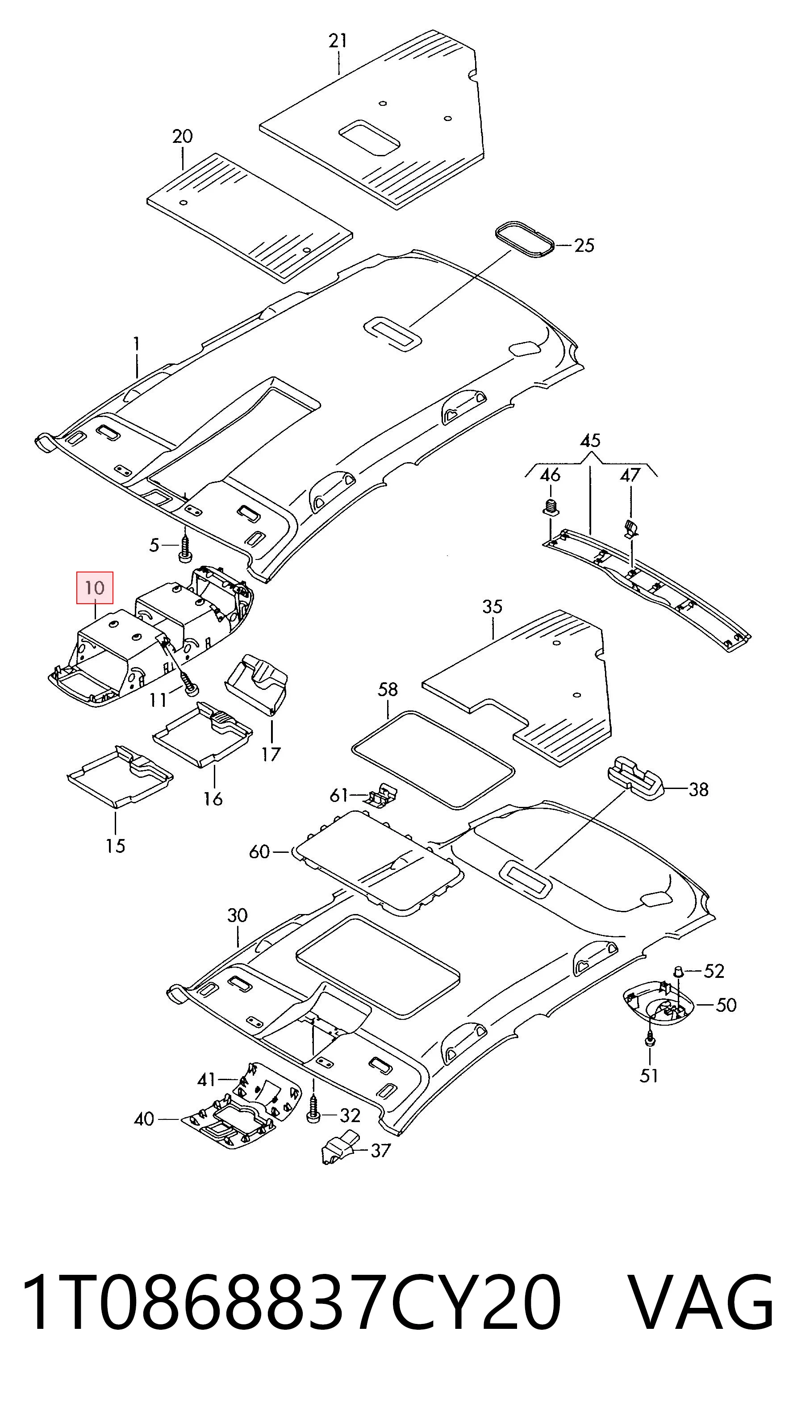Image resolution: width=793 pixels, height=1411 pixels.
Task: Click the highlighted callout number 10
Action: [95, 588]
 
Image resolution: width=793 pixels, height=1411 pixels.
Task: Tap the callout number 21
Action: [338, 41]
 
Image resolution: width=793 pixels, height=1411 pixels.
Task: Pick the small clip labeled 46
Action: [551, 507]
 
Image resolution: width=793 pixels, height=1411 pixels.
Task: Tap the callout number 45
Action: [590, 440]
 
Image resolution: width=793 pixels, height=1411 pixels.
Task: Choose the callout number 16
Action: [213, 799]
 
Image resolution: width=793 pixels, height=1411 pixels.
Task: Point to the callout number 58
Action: [387, 689]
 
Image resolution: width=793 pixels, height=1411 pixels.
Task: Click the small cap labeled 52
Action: [678, 971]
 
